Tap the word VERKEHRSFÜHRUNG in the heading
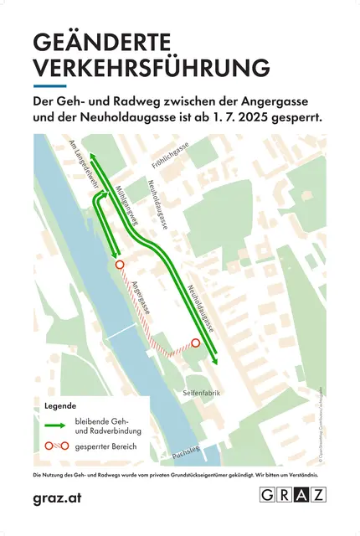151,68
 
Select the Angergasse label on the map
141,296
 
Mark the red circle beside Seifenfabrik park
196,343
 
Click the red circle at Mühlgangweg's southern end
120,264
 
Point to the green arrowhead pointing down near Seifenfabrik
216,360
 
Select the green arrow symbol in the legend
58,424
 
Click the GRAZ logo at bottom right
293,496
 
